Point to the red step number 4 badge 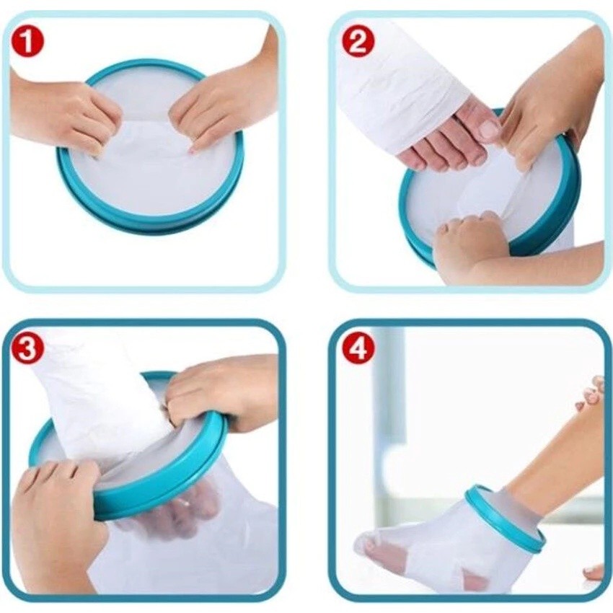357,349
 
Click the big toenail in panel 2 490,128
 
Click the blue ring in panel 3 156,489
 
